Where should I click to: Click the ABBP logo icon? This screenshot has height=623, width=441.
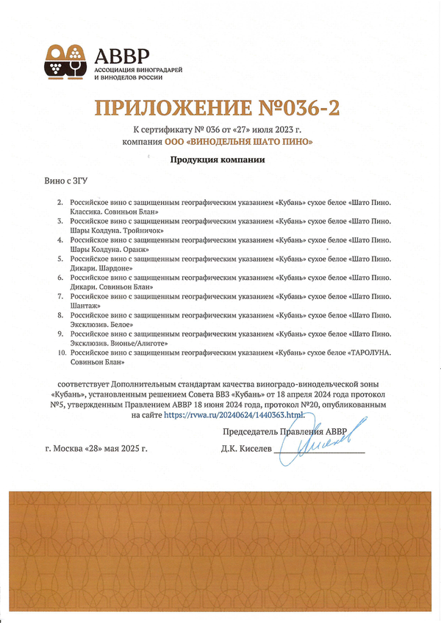[66, 61]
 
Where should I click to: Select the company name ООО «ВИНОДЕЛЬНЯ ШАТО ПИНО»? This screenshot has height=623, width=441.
[249, 141]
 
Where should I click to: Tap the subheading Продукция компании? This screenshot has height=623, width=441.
[218, 159]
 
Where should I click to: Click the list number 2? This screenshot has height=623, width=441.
[60, 201]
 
